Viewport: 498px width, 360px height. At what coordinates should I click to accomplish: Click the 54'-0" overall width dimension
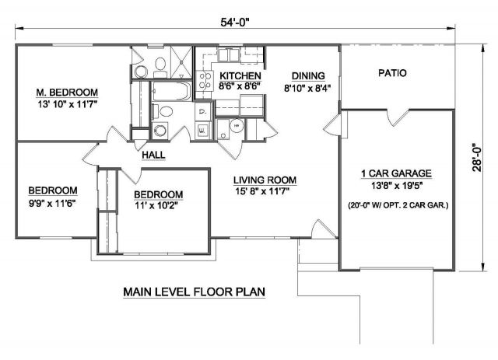coord(235,22)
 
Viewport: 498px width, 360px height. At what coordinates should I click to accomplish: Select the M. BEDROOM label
coord(67,93)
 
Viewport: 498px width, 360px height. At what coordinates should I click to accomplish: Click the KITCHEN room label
coord(240,76)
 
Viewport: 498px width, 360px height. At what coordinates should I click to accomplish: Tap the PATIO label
coord(392,73)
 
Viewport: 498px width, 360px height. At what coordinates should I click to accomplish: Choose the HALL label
coord(153,155)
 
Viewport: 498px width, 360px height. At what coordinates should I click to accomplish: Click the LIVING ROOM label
coord(265,180)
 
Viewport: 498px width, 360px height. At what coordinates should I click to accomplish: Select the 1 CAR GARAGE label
coord(396,173)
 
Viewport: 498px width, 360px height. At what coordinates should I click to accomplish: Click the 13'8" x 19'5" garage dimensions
coord(397,185)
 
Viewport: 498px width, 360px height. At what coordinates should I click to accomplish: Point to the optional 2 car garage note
coord(398,205)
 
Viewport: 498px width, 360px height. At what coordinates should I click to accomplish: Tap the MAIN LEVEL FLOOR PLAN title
coord(194,292)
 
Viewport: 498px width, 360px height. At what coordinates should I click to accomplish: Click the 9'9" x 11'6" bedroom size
coord(52,203)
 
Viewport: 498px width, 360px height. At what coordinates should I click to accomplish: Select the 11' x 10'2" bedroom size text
coord(156,206)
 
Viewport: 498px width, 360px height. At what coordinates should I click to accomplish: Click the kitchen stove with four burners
coord(205,81)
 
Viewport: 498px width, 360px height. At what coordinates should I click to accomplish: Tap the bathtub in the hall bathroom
coord(171,91)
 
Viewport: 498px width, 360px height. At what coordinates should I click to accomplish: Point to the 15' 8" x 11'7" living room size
coord(262,191)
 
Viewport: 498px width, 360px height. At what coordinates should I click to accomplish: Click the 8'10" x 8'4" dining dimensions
coord(307,88)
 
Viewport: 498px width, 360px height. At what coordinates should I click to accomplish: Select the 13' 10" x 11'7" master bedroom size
coord(68,104)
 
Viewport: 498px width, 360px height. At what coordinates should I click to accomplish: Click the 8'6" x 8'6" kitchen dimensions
coord(240,86)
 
